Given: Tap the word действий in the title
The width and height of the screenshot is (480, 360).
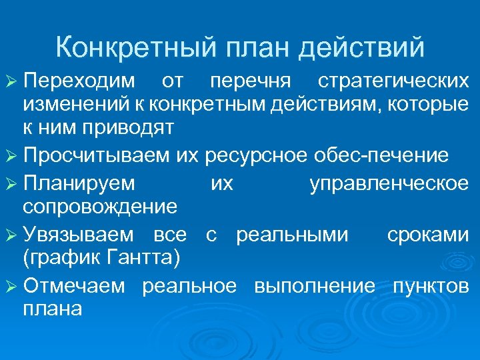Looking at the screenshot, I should coord(363,48).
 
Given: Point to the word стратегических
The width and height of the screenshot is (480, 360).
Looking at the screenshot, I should coord(393,81).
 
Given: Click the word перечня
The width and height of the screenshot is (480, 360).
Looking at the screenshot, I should coord(250,81).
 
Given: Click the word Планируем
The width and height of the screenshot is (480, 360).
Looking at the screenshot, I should coord(79,183).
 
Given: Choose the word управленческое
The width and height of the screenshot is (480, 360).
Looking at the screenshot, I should coord(389,183).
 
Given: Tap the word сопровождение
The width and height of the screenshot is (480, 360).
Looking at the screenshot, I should coord(100,206).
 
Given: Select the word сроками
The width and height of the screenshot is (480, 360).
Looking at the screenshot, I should coord(427,234).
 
